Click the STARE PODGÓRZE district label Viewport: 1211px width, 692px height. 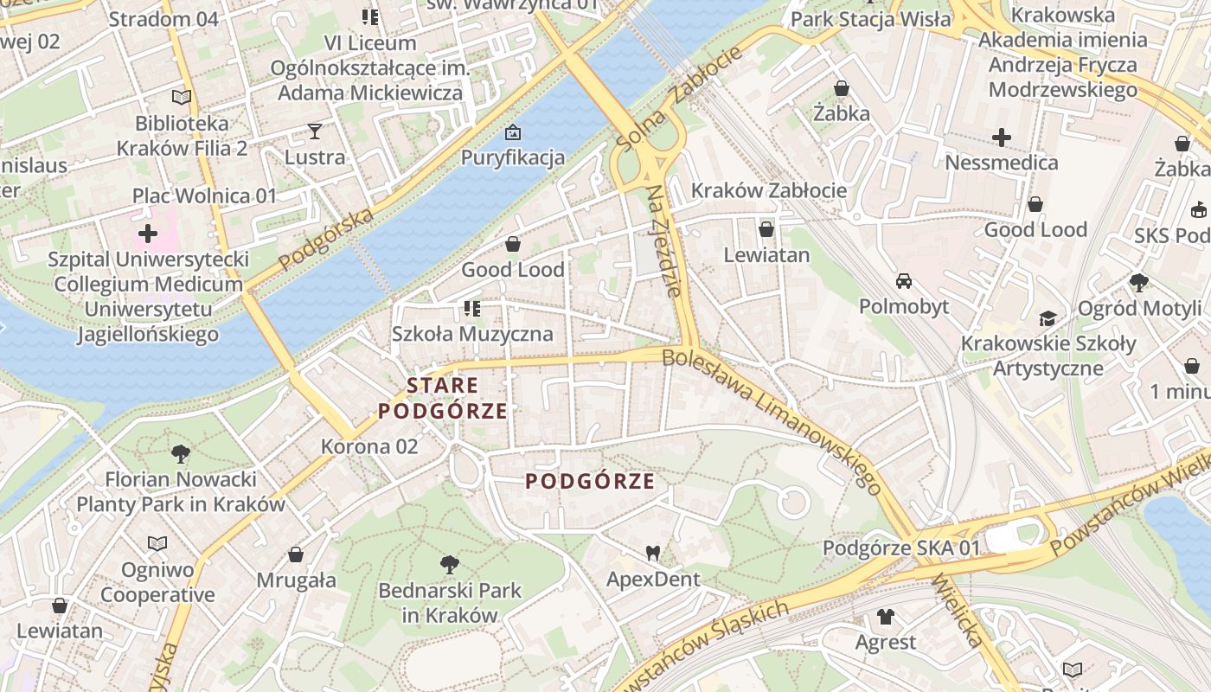[443, 398]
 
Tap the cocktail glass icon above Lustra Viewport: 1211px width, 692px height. [314, 131]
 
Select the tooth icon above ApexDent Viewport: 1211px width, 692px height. [653, 552]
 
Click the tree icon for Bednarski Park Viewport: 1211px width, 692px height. [449, 565]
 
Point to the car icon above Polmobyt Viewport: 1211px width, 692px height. [904, 280]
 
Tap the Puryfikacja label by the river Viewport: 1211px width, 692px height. [513, 157]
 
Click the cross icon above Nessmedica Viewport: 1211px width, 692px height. [1002, 137]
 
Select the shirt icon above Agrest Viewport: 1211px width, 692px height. [886, 616]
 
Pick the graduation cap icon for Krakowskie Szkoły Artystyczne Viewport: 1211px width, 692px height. [1048, 318]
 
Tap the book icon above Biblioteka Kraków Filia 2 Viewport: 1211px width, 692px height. [182, 97]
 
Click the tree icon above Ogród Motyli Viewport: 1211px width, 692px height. [1139, 282]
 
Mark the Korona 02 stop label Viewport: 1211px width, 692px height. [369, 446]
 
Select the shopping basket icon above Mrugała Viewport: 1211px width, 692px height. [296, 554]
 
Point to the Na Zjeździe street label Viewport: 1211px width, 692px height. [663, 240]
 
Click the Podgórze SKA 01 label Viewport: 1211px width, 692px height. [901, 548]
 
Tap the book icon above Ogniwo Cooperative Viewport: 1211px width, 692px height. [157, 543]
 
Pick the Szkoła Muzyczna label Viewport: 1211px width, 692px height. [472, 334]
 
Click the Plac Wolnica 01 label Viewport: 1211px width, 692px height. [204, 195]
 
